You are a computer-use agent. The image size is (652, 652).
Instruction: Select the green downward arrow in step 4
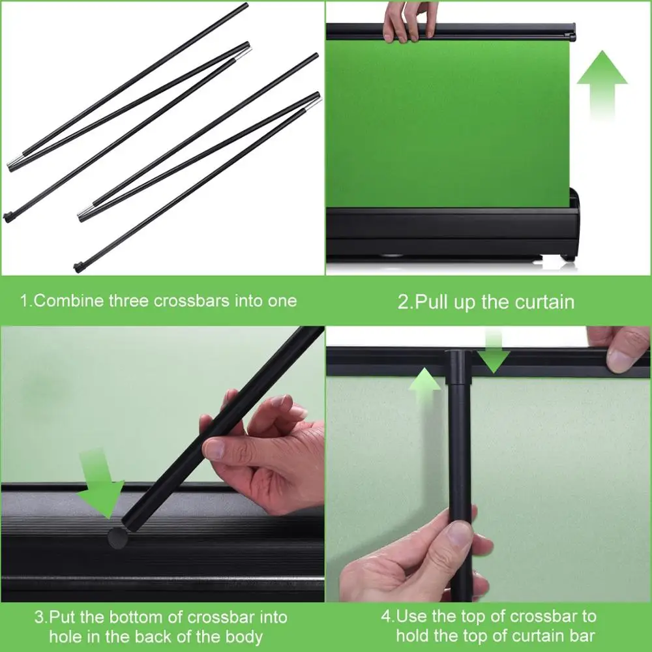tap(495, 351)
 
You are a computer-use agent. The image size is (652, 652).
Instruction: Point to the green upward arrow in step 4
tap(424, 387)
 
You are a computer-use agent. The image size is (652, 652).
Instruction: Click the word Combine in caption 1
tap(68, 301)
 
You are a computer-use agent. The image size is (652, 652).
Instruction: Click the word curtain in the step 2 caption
tap(544, 302)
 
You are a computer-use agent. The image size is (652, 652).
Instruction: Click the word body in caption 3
tap(241, 636)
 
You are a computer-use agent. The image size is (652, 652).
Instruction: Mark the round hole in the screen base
tap(117, 537)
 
